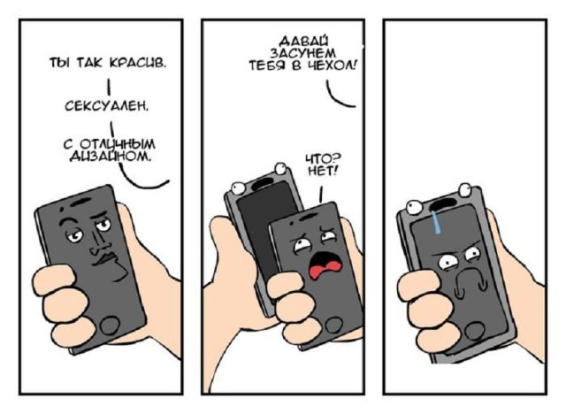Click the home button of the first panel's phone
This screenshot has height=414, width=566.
(108, 324)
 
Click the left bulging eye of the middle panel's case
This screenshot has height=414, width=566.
(235, 186)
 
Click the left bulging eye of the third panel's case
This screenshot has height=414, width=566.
(413, 210)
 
